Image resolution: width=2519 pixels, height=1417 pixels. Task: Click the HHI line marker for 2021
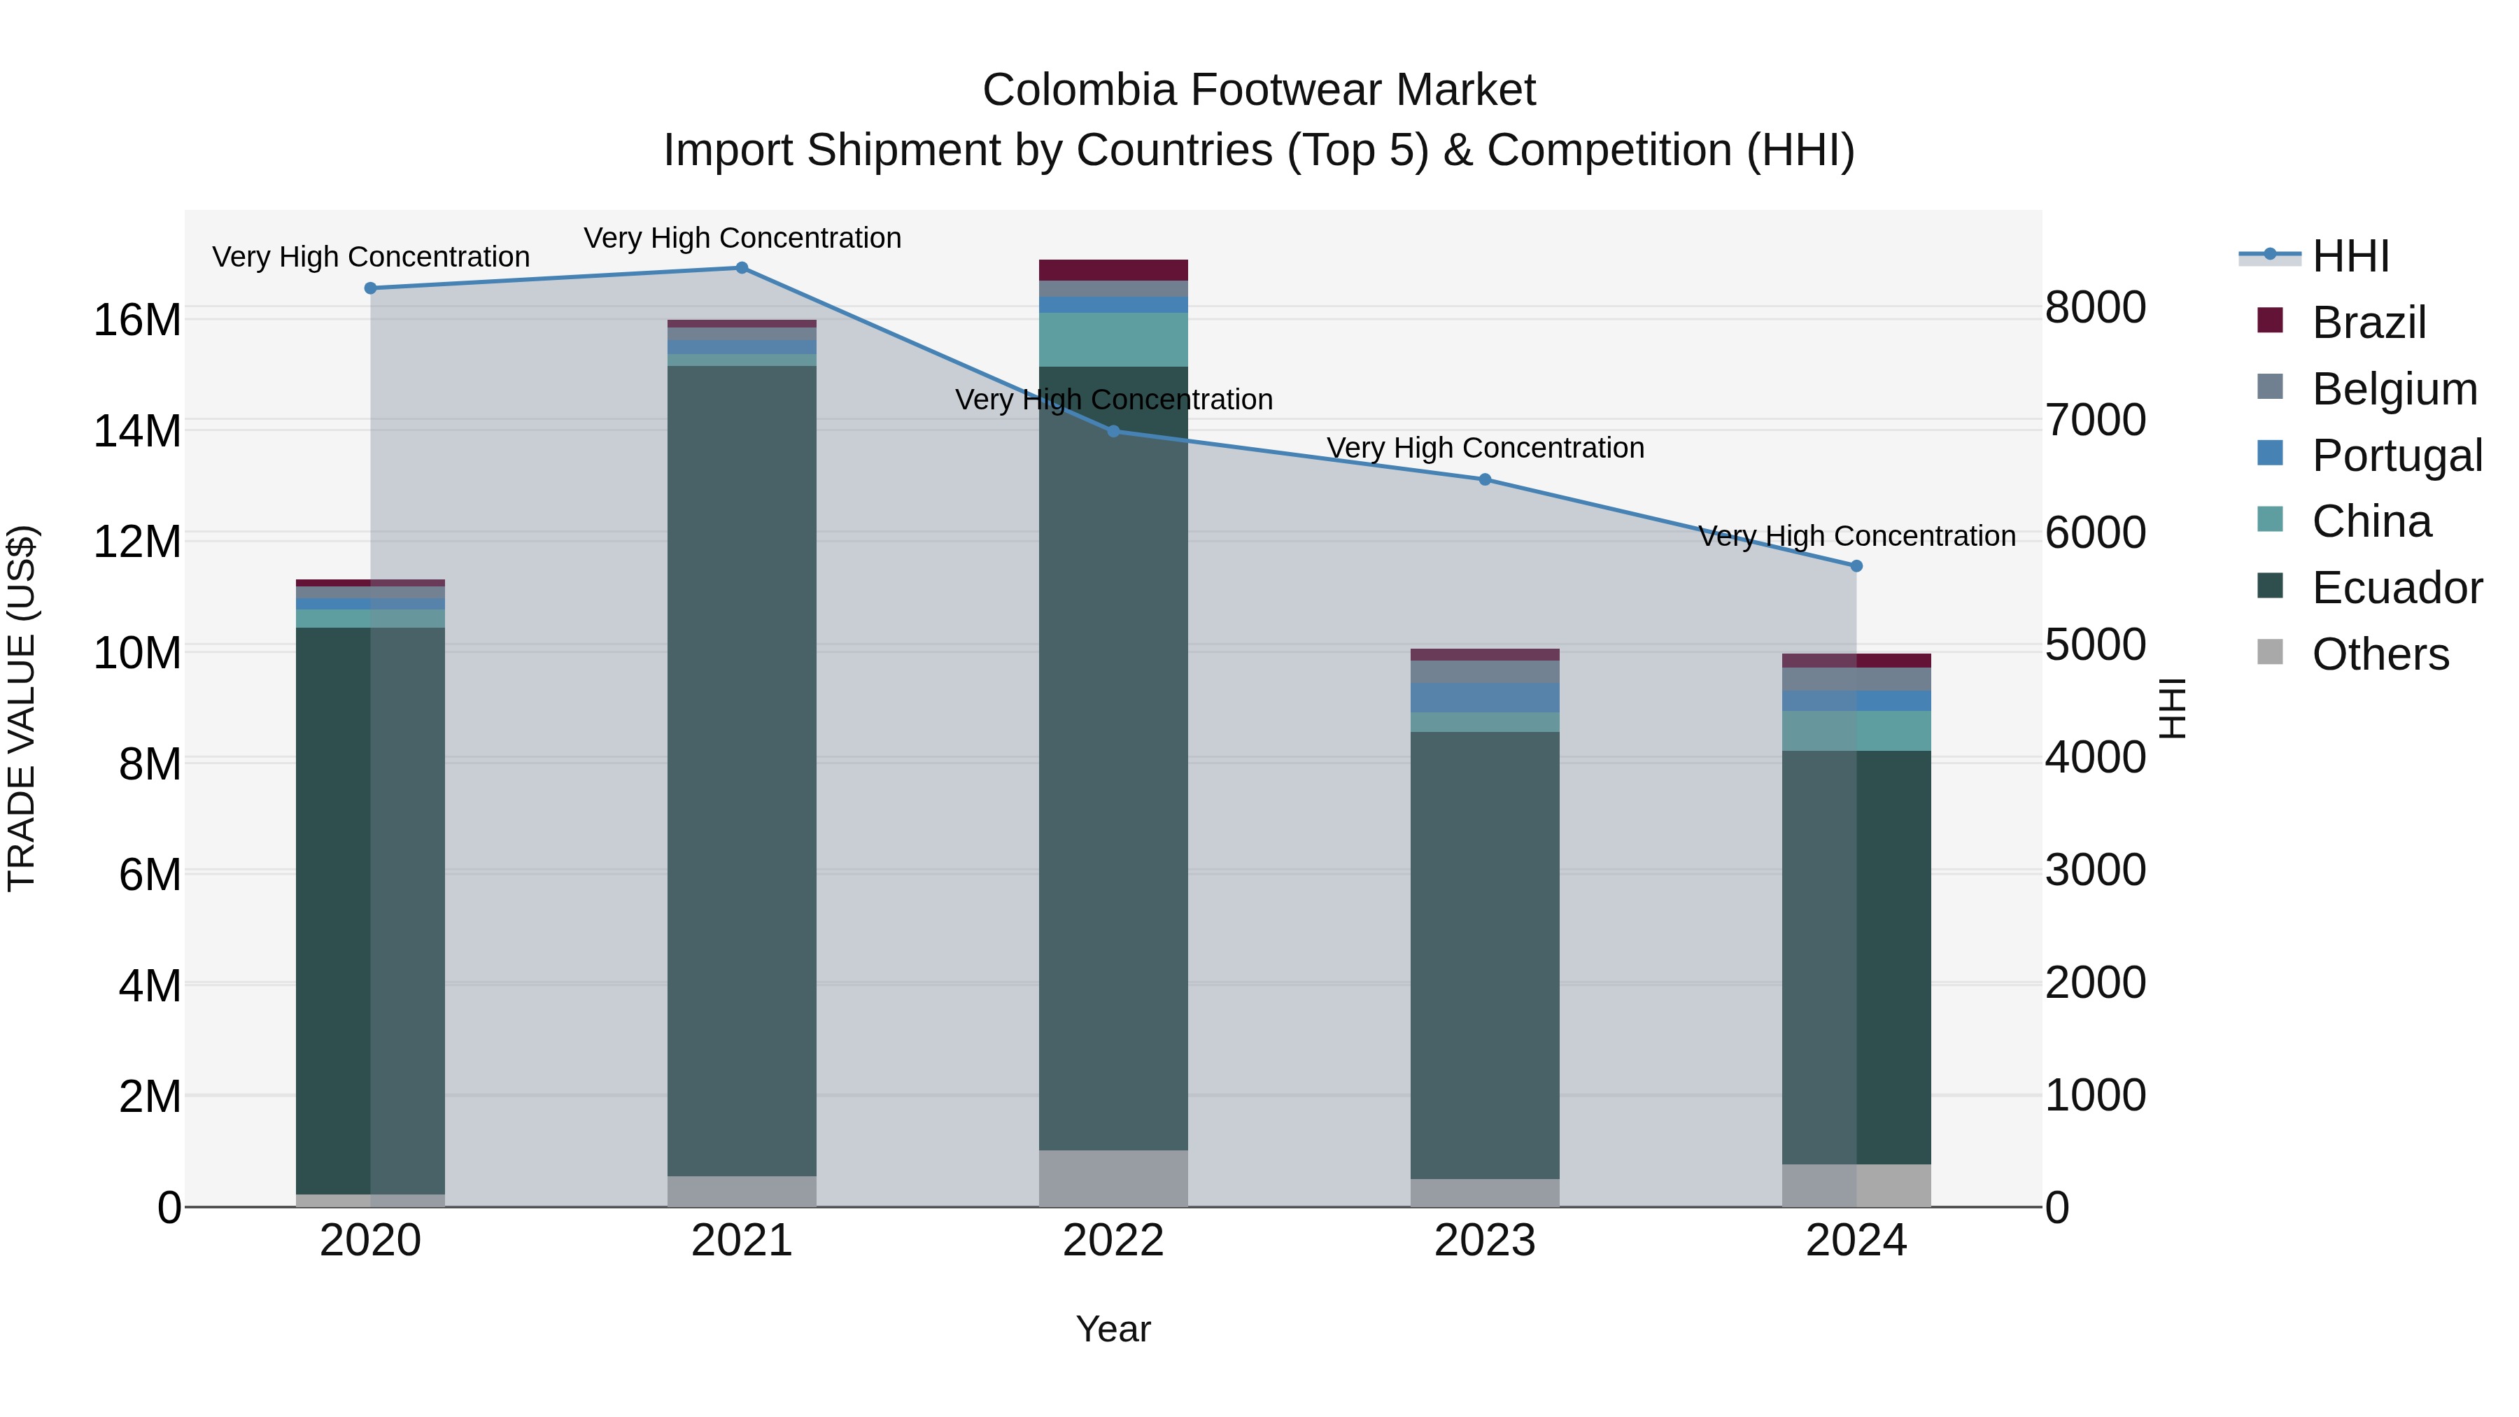(x=741, y=268)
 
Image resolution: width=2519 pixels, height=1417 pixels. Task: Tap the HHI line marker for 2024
(x=1856, y=566)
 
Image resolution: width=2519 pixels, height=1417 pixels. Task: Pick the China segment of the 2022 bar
(x=1113, y=339)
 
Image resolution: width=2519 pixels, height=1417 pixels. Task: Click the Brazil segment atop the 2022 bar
(x=1113, y=270)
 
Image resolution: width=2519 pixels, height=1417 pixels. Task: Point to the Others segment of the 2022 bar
(x=1113, y=1178)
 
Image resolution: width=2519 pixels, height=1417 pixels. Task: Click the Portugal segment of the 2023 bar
(x=1484, y=697)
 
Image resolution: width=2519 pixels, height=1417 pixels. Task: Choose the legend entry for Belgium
(x=2394, y=389)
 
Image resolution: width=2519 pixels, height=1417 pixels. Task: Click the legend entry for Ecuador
(x=2396, y=588)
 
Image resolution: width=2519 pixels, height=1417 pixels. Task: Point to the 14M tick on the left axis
(x=137, y=431)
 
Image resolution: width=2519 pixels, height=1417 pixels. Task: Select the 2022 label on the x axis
(x=1113, y=1241)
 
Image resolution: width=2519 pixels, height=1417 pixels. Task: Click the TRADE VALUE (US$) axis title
(x=22, y=708)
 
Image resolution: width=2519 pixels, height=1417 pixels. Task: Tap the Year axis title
(x=1113, y=1329)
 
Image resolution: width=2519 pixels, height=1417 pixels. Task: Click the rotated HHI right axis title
(x=2173, y=708)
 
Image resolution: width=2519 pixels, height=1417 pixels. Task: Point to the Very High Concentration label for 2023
(x=1484, y=448)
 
